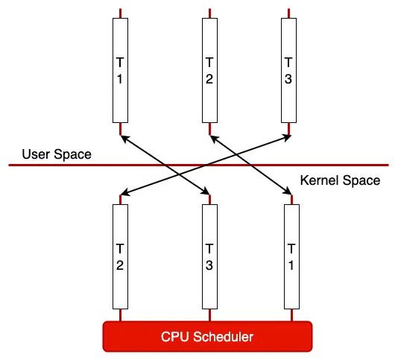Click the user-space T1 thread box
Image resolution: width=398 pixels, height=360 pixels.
120,70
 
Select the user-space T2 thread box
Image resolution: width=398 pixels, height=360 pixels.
209,70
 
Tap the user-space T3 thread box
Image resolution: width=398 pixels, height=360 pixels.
289,70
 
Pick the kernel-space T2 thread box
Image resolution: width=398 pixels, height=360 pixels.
120,256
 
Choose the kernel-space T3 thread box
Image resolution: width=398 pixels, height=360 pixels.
209,256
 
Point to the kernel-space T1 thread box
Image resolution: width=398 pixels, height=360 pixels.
291,256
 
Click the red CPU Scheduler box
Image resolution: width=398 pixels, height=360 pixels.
207,337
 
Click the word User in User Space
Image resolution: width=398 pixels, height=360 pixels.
36,154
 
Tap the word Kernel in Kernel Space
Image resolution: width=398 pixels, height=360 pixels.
319,180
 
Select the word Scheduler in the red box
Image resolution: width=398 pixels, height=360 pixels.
223,337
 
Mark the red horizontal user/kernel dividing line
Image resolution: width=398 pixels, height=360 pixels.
199,165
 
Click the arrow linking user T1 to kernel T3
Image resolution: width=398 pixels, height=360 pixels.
165,165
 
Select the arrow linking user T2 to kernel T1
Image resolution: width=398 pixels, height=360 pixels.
250,165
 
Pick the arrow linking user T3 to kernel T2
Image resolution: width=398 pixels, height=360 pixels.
206,165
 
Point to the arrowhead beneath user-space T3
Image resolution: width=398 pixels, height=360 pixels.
288,137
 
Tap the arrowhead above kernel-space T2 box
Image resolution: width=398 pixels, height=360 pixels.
124,193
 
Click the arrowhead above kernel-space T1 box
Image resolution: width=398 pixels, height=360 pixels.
288,192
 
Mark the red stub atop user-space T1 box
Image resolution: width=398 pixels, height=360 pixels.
120,13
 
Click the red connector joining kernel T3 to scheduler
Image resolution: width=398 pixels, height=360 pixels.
209,315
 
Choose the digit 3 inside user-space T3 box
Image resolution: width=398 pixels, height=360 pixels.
288,79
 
